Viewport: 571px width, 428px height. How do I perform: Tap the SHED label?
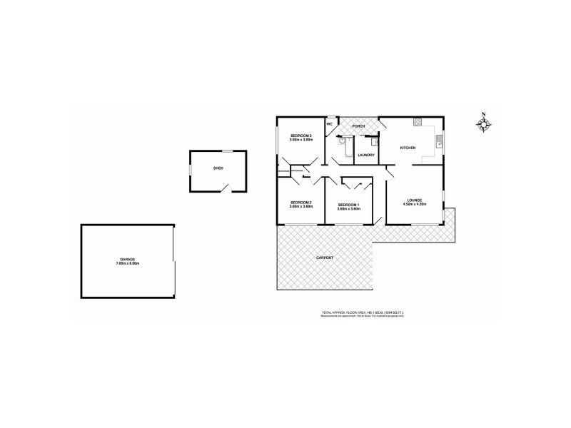pyautogui.click(x=218, y=168)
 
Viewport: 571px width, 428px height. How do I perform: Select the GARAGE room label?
pyautogui.click(x=127, y=260)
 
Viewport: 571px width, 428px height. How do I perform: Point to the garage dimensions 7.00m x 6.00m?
pyautogui.click(x=127, y=264)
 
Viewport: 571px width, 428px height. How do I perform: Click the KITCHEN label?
pyautogui.click(x=408, y=148)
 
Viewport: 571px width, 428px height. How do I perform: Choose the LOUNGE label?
pyautogui.click(x=415, y=200)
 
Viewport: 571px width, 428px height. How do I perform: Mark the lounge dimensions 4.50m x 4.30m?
pyautogui.click(x=415, y=204)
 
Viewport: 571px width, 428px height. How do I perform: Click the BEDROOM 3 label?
pyautogui.click(x=300, y=136)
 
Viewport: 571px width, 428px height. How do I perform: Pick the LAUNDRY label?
pyautogui.click(x=366, y=155)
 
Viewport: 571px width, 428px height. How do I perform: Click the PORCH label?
pyautogui.click(x=358, y=126)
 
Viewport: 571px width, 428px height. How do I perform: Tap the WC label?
pyautogui.click(x=330, y=124)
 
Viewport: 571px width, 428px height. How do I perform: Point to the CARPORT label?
pyautogui.click(x=324, y=257)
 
